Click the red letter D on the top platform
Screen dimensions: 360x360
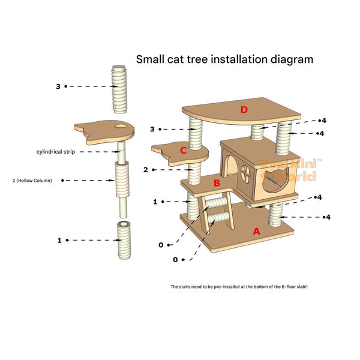click(244, 109)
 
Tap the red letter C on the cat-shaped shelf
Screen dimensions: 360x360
click(184, 151)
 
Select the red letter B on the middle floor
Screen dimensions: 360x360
click(217, 183)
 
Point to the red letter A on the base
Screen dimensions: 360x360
click(257, 231)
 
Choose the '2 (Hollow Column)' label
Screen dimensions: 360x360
click(32, 180)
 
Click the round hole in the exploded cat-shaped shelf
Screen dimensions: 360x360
click(122, 127)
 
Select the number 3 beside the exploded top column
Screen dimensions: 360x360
click(58, 86)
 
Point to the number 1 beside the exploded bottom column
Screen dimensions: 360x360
click(59, 240)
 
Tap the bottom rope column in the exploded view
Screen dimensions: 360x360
click(124, 241)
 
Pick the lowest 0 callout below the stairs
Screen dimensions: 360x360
click(175, 260)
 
